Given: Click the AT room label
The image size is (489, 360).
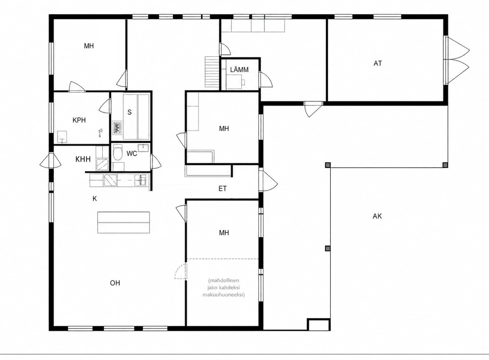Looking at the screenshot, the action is (378, 63).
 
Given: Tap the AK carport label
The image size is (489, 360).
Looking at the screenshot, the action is (377, 216).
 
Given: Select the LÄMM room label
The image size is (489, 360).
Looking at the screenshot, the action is (239, 70).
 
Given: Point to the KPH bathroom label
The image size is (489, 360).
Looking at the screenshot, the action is (79, 120).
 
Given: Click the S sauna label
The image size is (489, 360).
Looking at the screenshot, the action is (129, 112).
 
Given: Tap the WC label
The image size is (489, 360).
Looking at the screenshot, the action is (132, 154).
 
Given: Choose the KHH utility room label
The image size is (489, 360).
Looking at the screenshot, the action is (83, 159).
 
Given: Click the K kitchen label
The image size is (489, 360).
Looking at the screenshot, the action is (95, 199).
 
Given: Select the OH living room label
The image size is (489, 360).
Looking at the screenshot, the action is (115, 283).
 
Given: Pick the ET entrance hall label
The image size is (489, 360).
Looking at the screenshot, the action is (222, 189).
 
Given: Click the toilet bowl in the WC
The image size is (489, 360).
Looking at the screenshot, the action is (118, 153).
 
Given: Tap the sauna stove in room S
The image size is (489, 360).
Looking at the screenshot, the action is (117, 128).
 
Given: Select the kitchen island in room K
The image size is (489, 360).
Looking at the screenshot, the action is (123, 222).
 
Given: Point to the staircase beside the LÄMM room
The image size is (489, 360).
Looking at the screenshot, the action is (212, 72).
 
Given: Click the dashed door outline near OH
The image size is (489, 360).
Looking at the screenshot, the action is (181, 271).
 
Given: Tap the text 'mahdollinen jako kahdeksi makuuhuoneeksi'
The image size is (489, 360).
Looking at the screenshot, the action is (223, 287).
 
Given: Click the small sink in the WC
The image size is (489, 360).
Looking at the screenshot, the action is (143, 148).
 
